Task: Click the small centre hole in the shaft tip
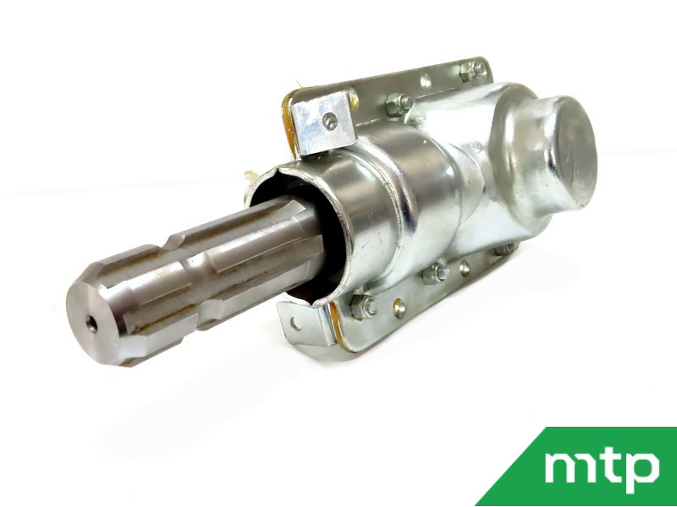tap(91, 324)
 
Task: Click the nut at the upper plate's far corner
tap(474, 71)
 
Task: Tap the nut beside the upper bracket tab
tap(399, 104)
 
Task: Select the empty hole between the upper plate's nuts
tap(426, 80)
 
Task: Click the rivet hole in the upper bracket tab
tap(330, 121)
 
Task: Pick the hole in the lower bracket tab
tap(295, 323)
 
